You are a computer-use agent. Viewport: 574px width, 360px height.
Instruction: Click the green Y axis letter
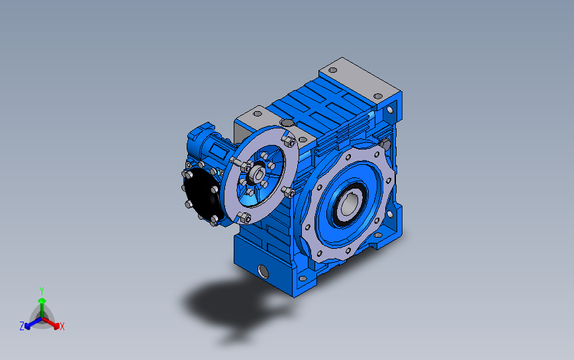pyautogui.click(x=41, y=291)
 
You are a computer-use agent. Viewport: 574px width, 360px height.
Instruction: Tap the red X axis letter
pyautogui.click(x=62, y=326)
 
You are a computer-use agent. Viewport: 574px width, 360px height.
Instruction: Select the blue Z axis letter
pyautogui.click(x=22, y=326)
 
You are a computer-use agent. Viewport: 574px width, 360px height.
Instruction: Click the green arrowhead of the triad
pyautogui.click(x=42, y=300)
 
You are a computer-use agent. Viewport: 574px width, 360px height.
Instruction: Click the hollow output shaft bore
pyautogui.click(x=348, y=204)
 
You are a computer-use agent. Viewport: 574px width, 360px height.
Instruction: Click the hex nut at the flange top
pyautogui.click(x=289, y=141)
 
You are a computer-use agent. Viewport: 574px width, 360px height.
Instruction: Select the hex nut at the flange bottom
pyautogui.click(x=244, y=218)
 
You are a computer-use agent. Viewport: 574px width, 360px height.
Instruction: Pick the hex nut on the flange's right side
pyautogui.click(x=289, y=192)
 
